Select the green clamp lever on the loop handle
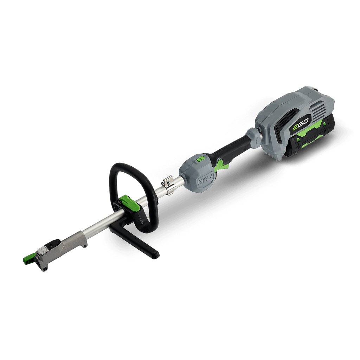(130, 202)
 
